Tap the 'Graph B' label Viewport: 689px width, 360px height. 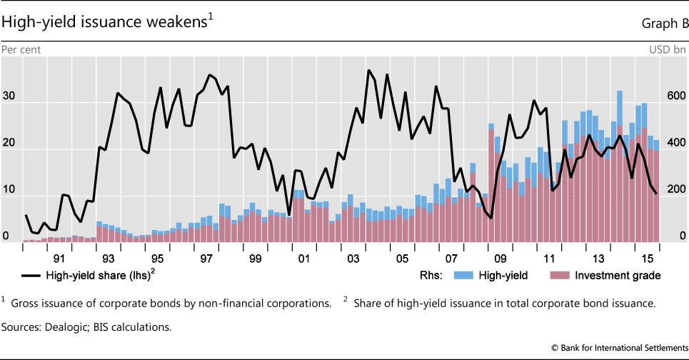point(663,24)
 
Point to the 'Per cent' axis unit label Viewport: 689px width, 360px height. point(22,49)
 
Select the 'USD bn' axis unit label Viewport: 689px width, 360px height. point(667,49)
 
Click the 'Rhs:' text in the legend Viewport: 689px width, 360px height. point(426,275)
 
